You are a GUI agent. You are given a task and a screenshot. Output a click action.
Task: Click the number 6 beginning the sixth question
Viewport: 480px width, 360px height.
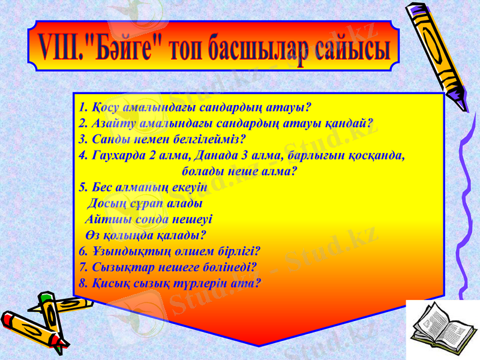click(82, 250)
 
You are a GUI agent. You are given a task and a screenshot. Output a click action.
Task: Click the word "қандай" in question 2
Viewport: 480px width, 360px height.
click(351, 124)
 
